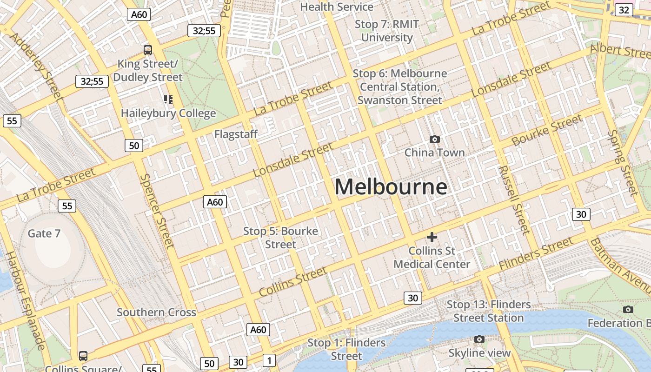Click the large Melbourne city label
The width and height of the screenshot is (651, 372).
[391, 187]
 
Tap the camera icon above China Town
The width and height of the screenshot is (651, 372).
[435, 139]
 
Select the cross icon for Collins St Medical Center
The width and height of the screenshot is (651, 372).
[432, 237]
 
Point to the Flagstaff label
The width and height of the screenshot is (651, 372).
[236, 134]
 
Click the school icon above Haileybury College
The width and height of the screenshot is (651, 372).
[168, 99]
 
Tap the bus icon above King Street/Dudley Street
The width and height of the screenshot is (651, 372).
[148, 50]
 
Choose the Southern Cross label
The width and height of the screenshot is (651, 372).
[156, 312]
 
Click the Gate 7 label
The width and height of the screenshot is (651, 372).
[44, 233]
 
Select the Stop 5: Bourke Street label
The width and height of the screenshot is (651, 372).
[281, 238]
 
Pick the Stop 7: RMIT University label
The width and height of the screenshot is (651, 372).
[387, 31]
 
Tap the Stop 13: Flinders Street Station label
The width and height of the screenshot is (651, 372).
[489, 311]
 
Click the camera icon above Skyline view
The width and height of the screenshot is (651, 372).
[479, 339]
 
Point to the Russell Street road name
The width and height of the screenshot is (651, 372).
[514, 200]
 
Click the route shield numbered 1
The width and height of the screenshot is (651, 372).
[269, 360]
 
